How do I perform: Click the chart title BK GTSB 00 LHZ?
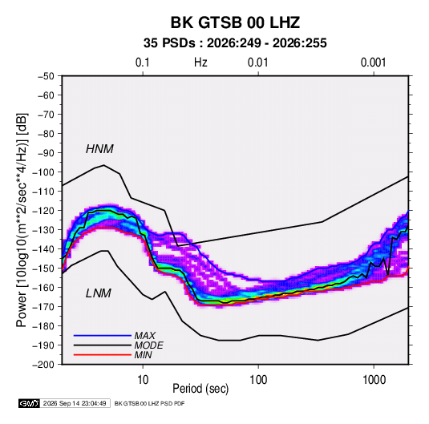tap(235, 22)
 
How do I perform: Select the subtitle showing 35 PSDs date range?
tap(235, 43)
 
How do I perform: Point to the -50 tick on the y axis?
tap(46, 76)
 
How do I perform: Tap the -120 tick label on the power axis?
tap(44, 211)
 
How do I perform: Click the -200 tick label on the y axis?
tap(44, 365)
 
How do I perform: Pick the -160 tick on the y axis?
tap(44, 288)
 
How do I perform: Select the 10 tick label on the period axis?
tap(143, 380)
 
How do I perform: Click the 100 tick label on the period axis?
tap(258, 380)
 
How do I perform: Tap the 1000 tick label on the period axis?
tap(374, 380)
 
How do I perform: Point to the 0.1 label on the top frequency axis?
tap(143, 63)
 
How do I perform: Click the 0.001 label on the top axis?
tap(374, 63)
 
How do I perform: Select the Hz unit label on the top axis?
tap(200, 63)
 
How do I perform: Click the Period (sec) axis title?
tap(200, 389)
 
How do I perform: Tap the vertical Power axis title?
tap(22, 220)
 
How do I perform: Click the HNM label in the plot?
tap(99, 149)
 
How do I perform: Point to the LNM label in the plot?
tap(99, 293)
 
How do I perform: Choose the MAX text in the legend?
tap(145, 336)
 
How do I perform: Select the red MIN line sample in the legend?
tap(103, 355)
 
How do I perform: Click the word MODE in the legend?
tap(149, 345)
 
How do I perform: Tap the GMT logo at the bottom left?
tap(30, 403)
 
